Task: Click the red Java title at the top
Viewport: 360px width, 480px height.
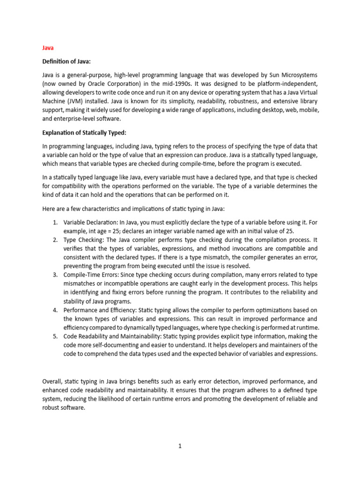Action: click(48, 48)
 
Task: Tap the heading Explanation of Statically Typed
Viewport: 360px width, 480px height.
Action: click(84, 133)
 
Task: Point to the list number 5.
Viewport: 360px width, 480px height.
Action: click(55, 337)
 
